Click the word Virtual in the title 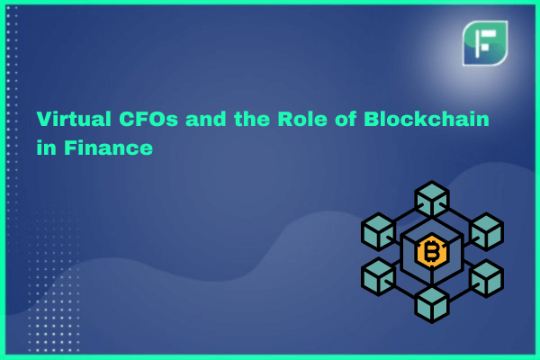coord(74,119)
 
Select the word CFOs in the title coord(148,119)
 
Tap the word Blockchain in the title coord(427,119)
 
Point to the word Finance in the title coord(108,148)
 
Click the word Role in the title coord(302,119)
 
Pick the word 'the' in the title coord(252,119)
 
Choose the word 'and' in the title coord(205,119)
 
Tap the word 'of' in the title coord(346,119)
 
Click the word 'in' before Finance coord(46,148)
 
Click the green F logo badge coord(485,43)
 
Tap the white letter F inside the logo coord(485,43)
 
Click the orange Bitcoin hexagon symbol coord(431,251)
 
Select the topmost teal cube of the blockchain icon coord(432,198)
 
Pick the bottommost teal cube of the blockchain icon coord(432,305)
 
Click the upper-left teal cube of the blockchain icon coord(378,230)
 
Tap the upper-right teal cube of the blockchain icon coord(486,230)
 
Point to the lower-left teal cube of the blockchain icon coord(378,276)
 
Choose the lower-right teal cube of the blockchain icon coord(486,278)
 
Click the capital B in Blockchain coord(372,119)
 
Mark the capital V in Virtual coord(44,119)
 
